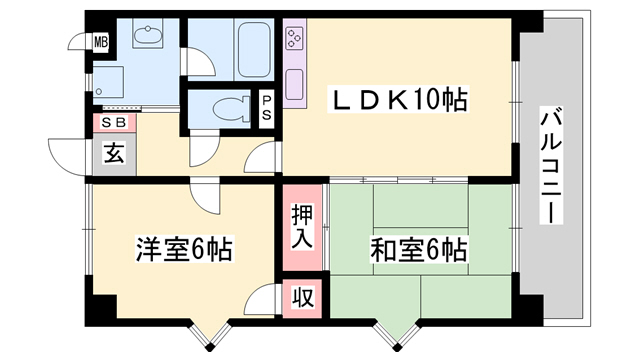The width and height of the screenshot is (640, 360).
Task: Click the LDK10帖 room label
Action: pos(399,100)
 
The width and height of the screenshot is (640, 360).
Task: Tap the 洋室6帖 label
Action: pos(184,249)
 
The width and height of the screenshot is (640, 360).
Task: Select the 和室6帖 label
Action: pos(418,249)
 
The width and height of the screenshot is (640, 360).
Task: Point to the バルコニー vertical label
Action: pos(551,165)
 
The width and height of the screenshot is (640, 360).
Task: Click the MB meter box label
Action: pos(101,42)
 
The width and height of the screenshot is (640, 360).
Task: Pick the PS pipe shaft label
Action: pos(266,108)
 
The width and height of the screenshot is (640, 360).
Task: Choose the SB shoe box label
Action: pos(114,122)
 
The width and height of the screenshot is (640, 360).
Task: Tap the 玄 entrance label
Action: pos(114,154)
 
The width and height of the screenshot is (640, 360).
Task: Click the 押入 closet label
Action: pos(302,227)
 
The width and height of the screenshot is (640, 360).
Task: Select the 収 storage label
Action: pos(302,298)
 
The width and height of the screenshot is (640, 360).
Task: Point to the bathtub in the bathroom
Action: pos(254,50)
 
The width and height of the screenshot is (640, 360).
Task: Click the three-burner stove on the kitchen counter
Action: pos(295,38)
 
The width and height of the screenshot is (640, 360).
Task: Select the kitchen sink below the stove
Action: pos(294,84)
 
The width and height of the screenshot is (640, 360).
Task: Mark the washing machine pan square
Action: pos(108,82)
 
